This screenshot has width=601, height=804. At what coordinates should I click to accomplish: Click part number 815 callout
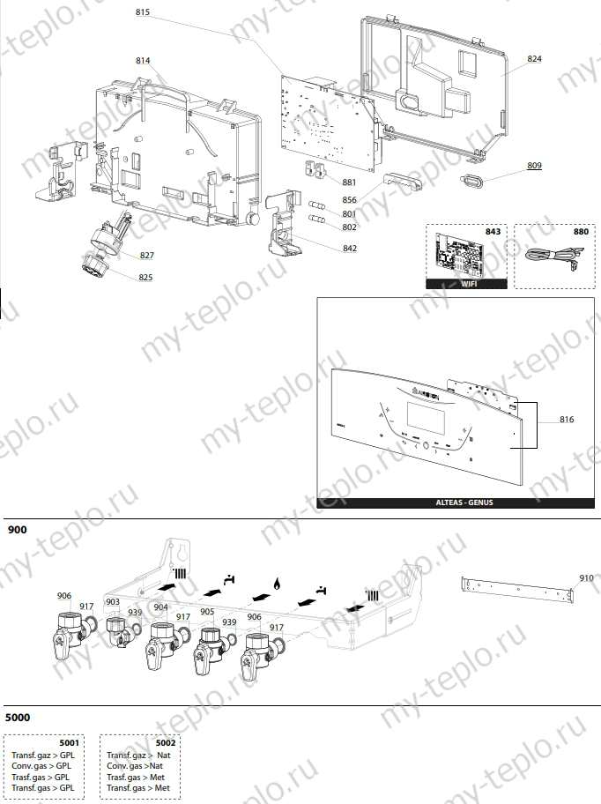tap(143, 12)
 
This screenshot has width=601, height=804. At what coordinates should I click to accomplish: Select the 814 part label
tap(143, 61)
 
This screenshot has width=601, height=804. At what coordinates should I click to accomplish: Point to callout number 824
tap(535, 59)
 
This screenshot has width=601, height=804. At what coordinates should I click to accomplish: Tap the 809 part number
tap(535, 166)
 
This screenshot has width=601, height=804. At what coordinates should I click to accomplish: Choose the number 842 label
tap(350, 249)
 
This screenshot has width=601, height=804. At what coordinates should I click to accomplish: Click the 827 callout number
tap(147, 256)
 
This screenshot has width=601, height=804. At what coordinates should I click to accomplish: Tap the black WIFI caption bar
tap(466, 284)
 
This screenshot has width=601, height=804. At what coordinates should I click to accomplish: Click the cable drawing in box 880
tap(547, 257)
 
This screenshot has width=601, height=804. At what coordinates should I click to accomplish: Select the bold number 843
tap(493, 231)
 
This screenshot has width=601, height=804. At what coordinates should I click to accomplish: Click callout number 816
tap(567, 420)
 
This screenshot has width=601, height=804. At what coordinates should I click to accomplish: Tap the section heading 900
tap(18, 530)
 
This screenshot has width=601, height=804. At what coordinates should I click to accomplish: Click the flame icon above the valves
tap(278, 584)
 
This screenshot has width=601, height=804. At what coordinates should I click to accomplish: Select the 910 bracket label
tap(587, 578)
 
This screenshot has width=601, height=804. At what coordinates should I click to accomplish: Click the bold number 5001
tap(70, 743)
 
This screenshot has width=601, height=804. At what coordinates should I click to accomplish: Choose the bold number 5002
tap(165, 743)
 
